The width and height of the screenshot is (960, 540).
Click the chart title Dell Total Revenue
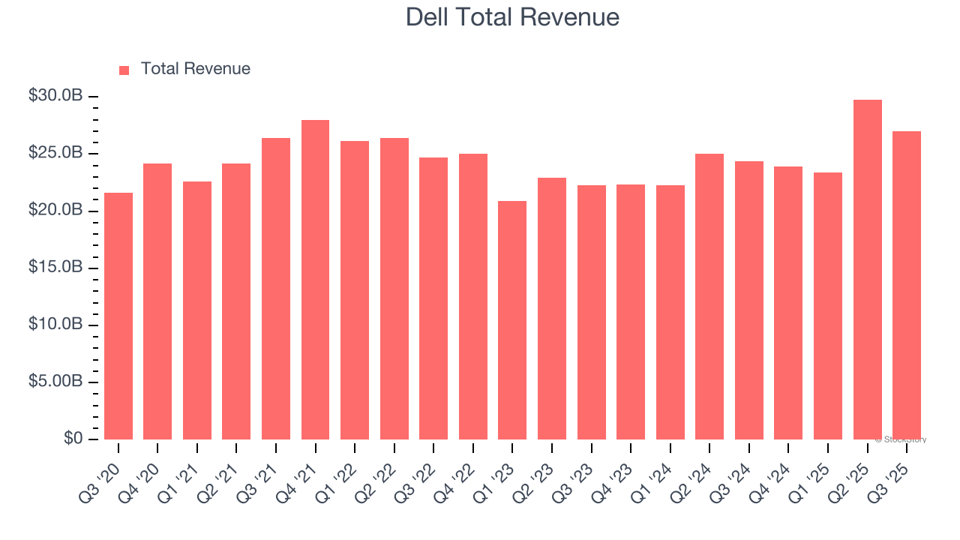click(x=512, y=16)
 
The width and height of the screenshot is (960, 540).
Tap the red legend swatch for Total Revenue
click(x=124, y=70)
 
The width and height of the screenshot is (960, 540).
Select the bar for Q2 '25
click(x=867, y=269)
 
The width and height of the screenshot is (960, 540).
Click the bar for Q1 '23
click(x=512, y=320)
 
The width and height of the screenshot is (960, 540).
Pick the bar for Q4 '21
click(x=315, y=280)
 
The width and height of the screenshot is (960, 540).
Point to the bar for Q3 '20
click(x=118, y=316)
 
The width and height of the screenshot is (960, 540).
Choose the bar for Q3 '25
click(x=907, y=285)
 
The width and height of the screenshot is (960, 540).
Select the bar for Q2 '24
click(x=709, y=296)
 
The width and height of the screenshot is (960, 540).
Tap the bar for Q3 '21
click(x=276, y=289)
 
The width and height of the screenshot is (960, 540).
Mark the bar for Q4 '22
click(x=473, y=296)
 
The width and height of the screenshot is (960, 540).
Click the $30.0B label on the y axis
click(x=55, y=96)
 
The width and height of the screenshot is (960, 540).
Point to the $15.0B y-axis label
click(x=55, y=268)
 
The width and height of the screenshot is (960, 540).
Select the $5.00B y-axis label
click(x=55, y=382)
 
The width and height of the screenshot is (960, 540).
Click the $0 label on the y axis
click(x=73, y=439)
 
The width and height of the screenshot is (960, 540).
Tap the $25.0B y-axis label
click(x=55, y=153)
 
